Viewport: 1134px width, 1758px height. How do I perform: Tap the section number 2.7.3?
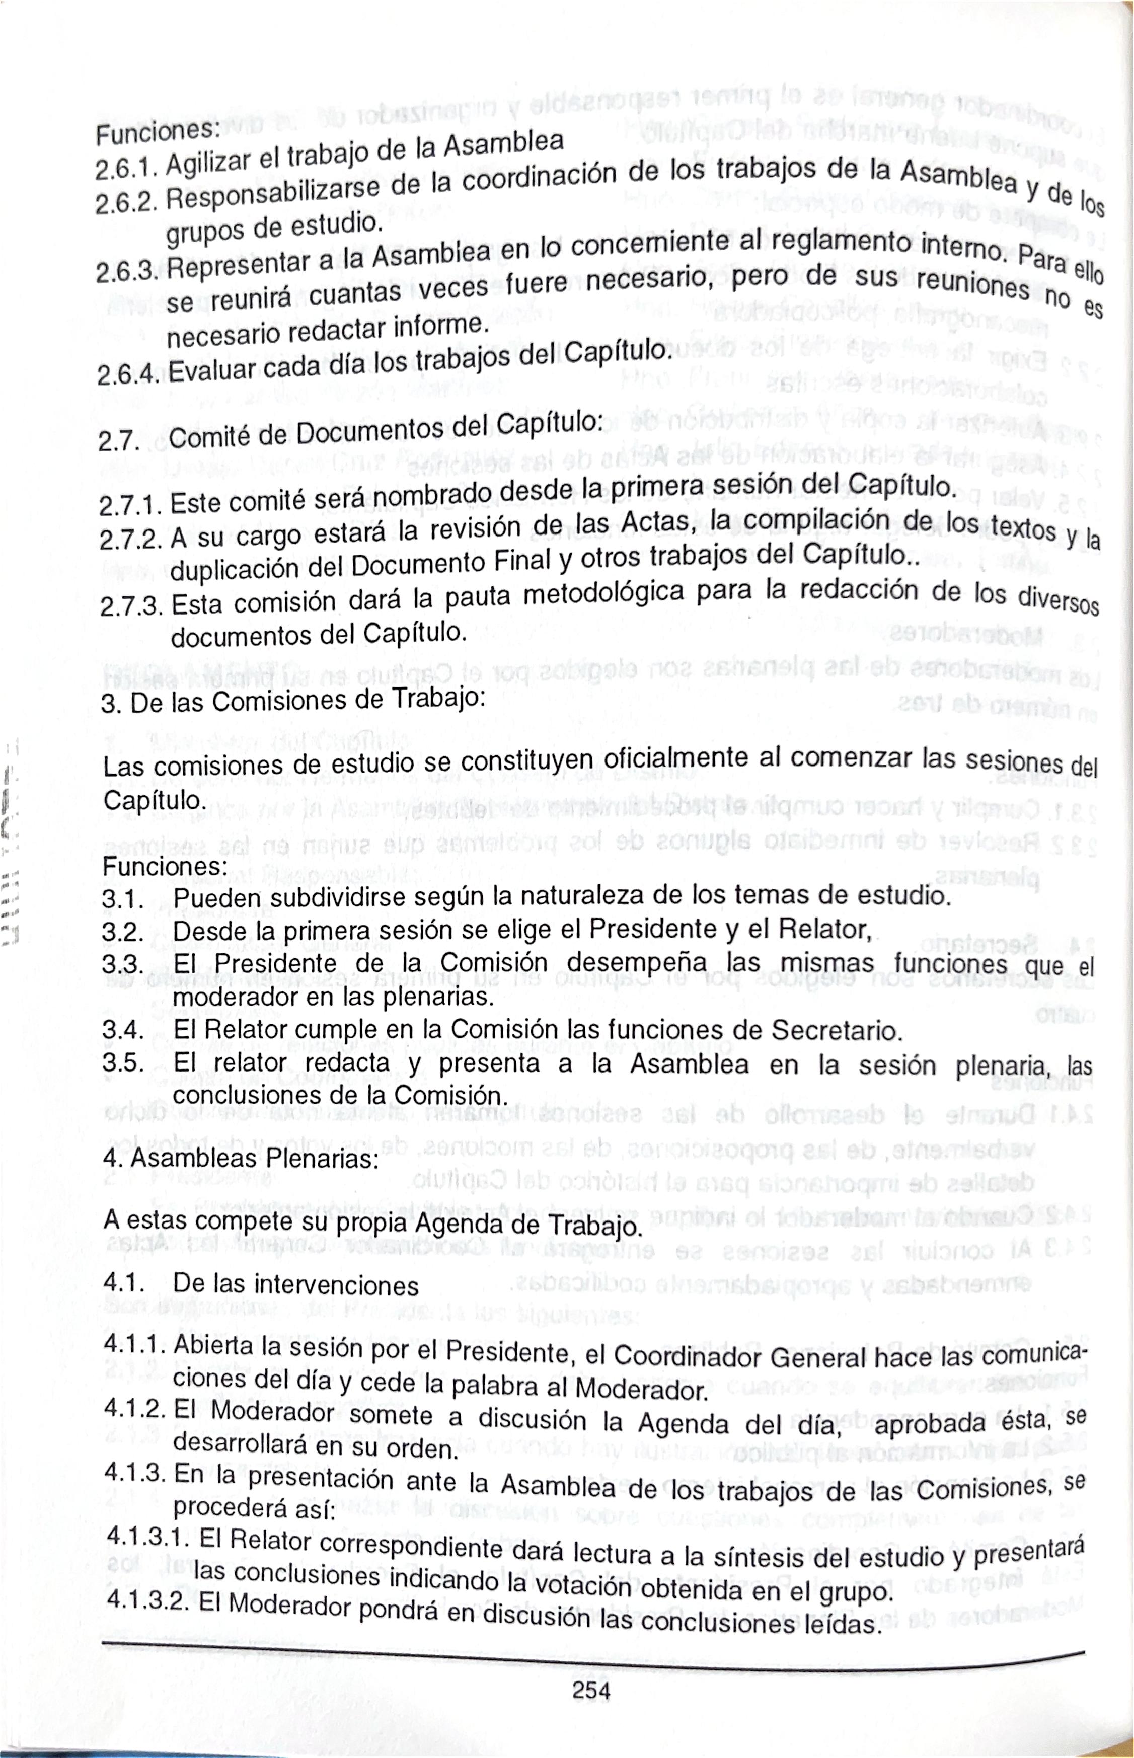(x=131, y=607)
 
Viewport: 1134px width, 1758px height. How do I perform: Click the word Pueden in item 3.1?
(x=217, y=899)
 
